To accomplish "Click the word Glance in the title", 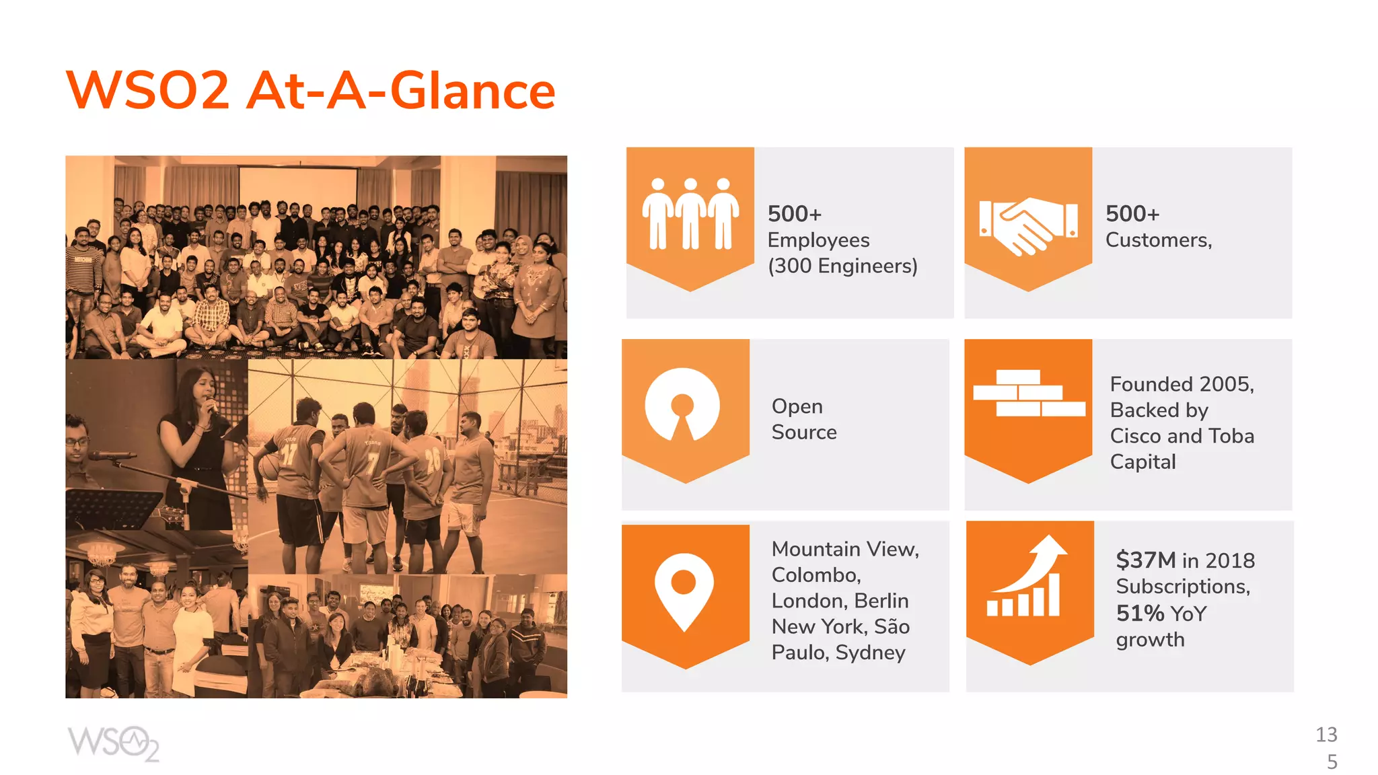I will coord(472,91).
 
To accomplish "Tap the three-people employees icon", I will coord(690,214).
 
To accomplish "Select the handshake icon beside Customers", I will coord(1027,225).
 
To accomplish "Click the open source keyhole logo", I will coord(682,405).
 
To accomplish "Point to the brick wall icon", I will coord(1029,393).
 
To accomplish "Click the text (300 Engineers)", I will coord(842,266).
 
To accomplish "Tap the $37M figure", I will coord(1145,560).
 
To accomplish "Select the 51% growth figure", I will coord(1140,613).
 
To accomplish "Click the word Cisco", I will coord(1136,436).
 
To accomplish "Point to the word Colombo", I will coord(815,575).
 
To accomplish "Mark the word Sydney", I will coord(871,653).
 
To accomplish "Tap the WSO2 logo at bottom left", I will coord(113,743).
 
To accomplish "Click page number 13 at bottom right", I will coord(1326,735).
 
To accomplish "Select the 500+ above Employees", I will coord(795,214).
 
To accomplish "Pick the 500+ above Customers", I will coord(1132,214).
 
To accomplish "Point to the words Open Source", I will coord(804,419).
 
